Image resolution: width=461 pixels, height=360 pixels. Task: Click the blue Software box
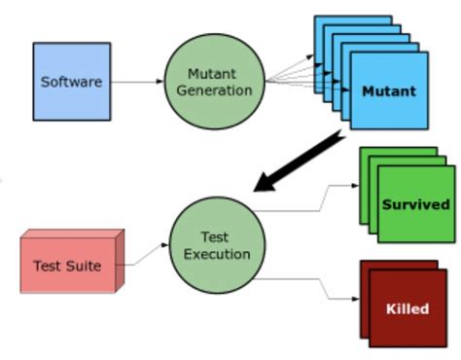tap(71, 81)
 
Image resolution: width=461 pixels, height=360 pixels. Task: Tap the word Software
tap(71, 82)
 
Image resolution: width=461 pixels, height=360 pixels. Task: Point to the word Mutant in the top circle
tap(207, 73)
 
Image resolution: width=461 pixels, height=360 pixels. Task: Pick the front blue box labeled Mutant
tap(388, 93)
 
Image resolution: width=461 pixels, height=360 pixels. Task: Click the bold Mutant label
tap(388, 92)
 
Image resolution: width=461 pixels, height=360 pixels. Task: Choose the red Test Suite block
tap(69, 264)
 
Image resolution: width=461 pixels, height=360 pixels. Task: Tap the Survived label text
tap(415, 204)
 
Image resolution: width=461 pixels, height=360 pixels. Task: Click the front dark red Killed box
tap(408, 308)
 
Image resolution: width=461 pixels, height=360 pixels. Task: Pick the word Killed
tap(408, 308)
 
